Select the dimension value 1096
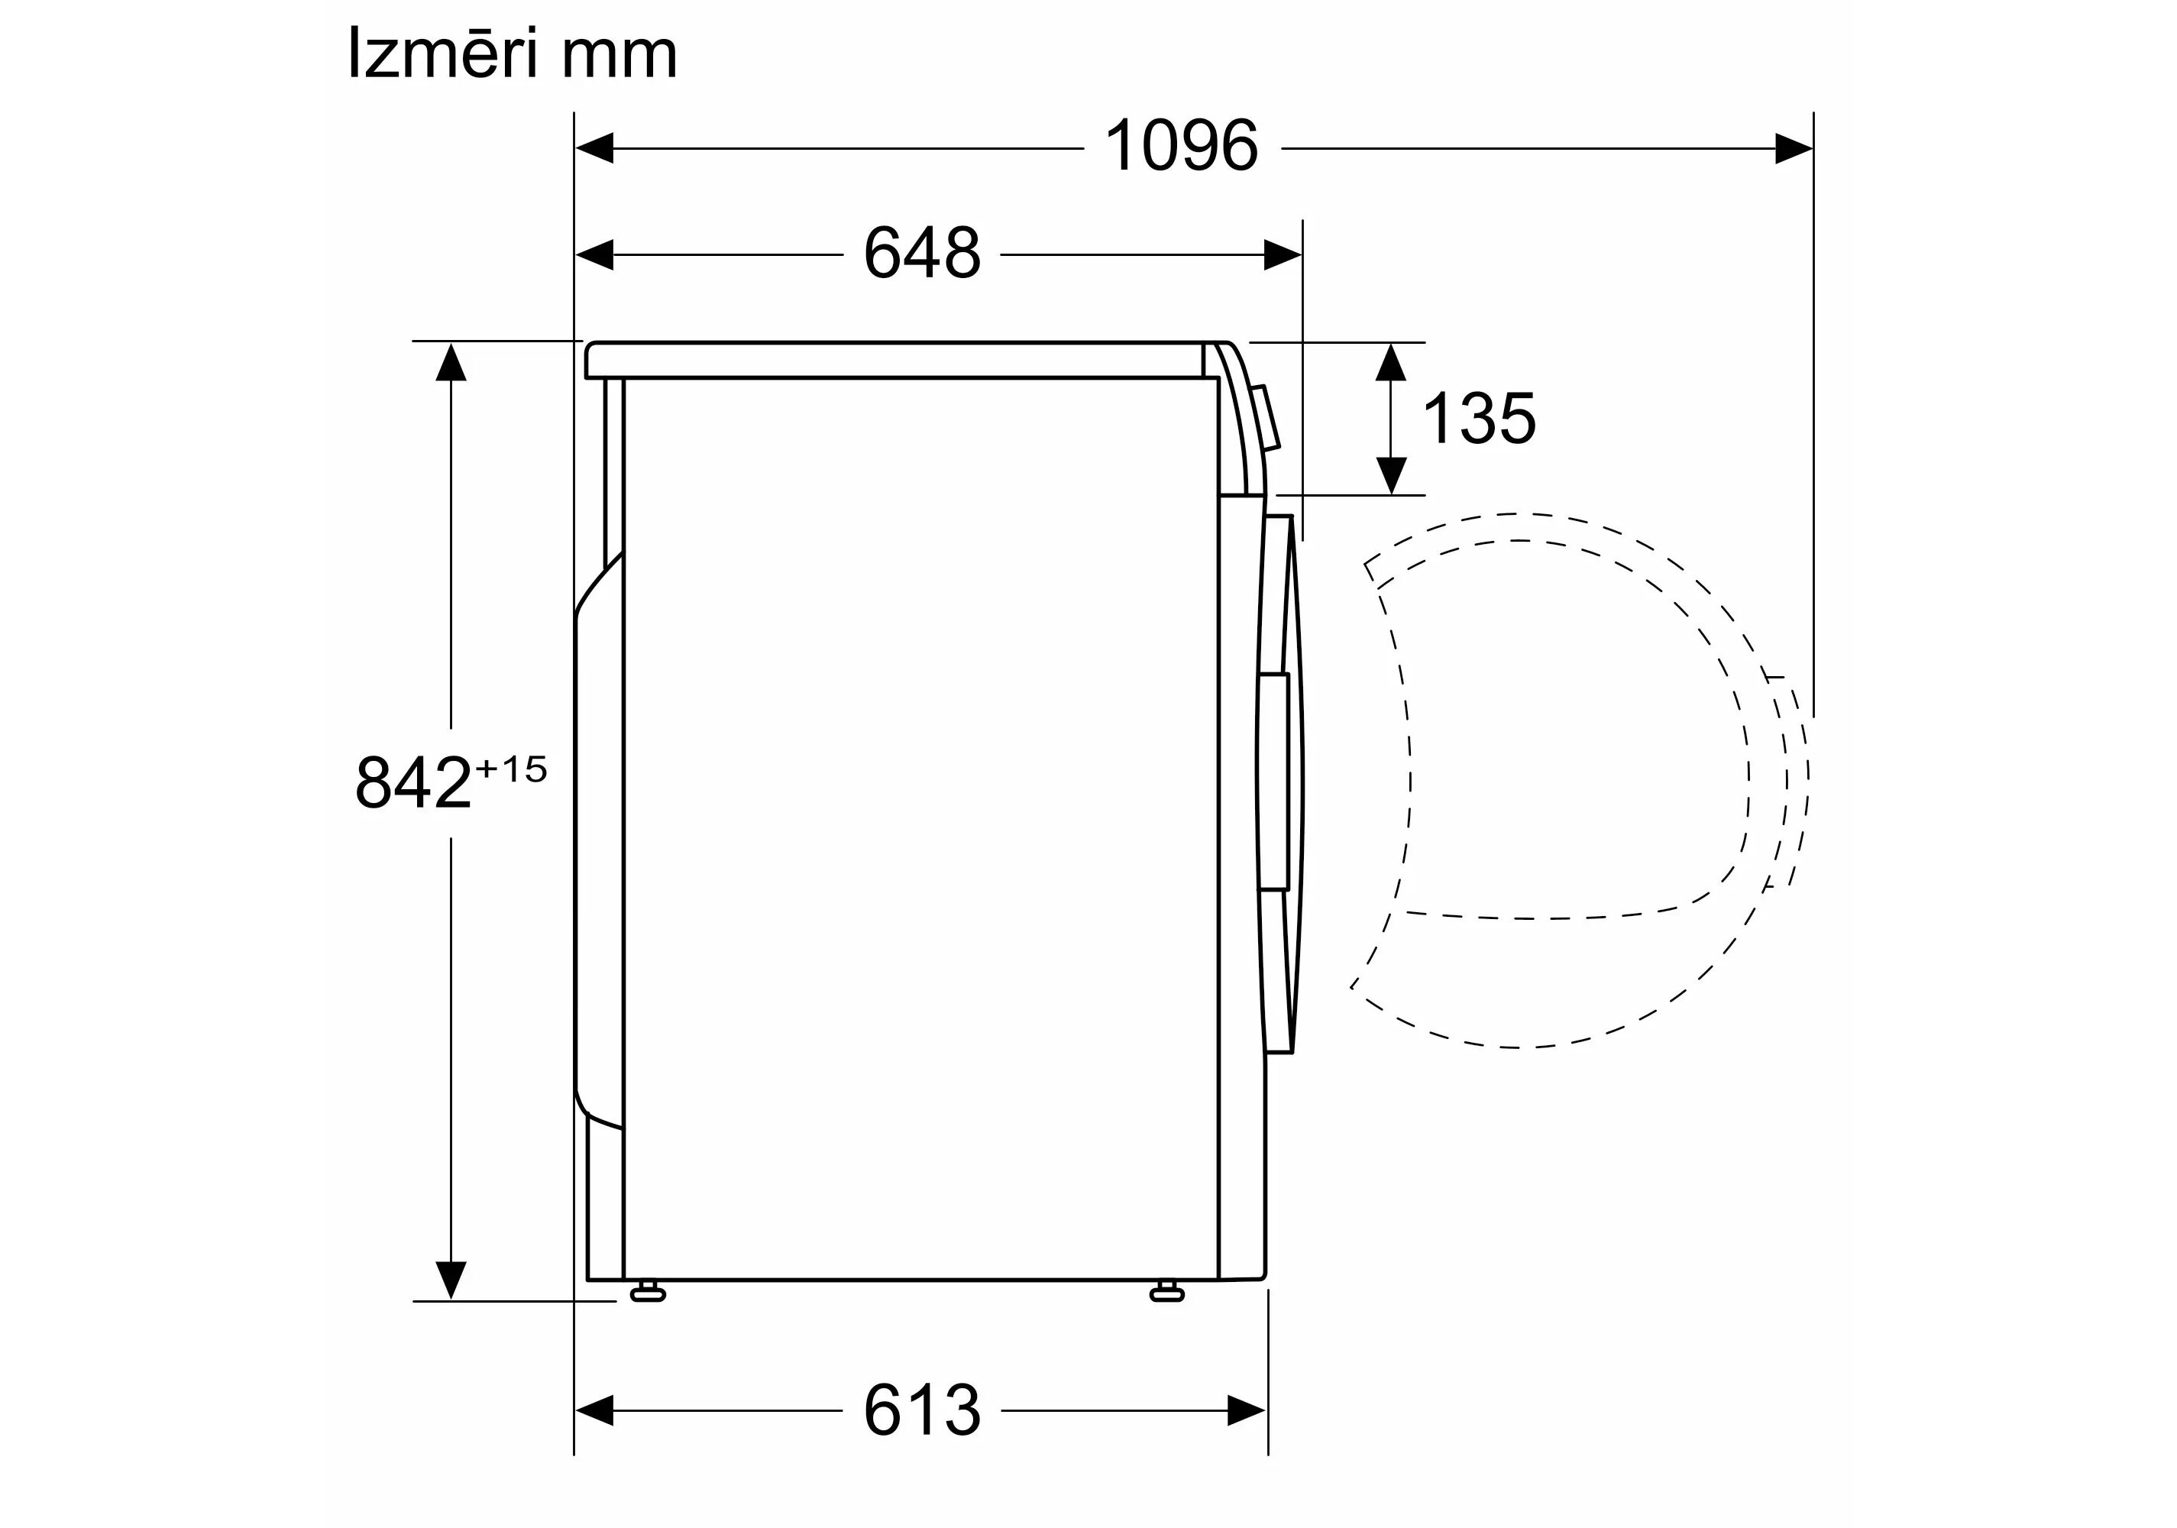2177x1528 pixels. click(1182, 146)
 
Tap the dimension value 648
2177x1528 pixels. click(922, 253)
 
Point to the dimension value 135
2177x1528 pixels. click(1479, 418)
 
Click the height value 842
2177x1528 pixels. click(413, 782)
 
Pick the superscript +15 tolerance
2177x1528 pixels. click(511, 769)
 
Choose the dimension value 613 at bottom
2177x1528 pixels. click(922, 1410)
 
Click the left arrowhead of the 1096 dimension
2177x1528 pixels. click(594, 149)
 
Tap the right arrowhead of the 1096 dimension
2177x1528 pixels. click(1794, 149)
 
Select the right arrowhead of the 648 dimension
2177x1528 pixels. click(1283, 255)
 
